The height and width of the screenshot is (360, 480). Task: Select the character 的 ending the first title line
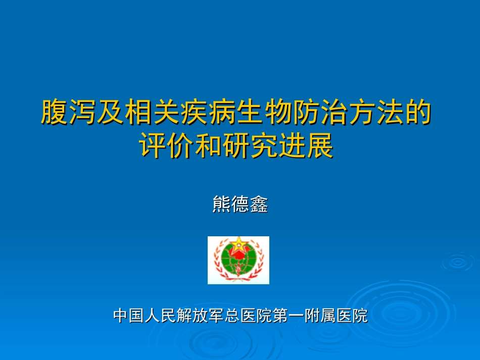click(418, 112)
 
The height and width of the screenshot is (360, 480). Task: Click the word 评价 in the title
click(166, 146)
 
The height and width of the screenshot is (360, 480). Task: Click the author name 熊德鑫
click(240, 204)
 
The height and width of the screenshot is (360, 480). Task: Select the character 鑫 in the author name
click(258, 204)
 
